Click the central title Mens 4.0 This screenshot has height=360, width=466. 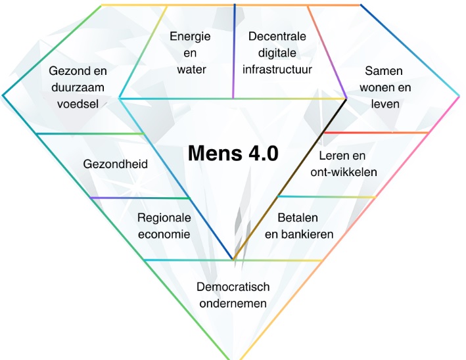point(233,153)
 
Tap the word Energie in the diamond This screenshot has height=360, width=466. point(190,37)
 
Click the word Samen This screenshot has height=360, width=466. point(384,71)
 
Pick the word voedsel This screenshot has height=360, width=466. point(78,103)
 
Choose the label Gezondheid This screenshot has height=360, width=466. point(115,164)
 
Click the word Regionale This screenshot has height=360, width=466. point(164,218)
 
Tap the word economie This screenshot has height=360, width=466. point(164,234)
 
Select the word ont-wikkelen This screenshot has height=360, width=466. point(344,172)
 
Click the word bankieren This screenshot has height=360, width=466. point(309,234)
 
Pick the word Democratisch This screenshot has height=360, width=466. point(233,288)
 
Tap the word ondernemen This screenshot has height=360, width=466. point(233,304)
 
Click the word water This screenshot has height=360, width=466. point(190,68)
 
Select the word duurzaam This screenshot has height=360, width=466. point(78,87)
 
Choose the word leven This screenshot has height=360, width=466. point(384,103)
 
